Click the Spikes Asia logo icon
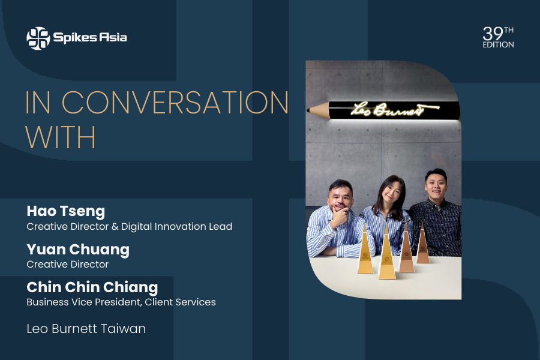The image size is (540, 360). pos(38,38)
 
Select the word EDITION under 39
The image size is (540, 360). pos(498,45)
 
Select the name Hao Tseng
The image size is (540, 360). pos(66,211)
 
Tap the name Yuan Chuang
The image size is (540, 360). pos(78,249)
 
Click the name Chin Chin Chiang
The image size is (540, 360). pos(92,287)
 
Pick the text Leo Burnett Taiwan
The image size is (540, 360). pos(86,329)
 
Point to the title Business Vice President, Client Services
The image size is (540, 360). pos(121,302)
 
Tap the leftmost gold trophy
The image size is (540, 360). pos(365,252)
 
